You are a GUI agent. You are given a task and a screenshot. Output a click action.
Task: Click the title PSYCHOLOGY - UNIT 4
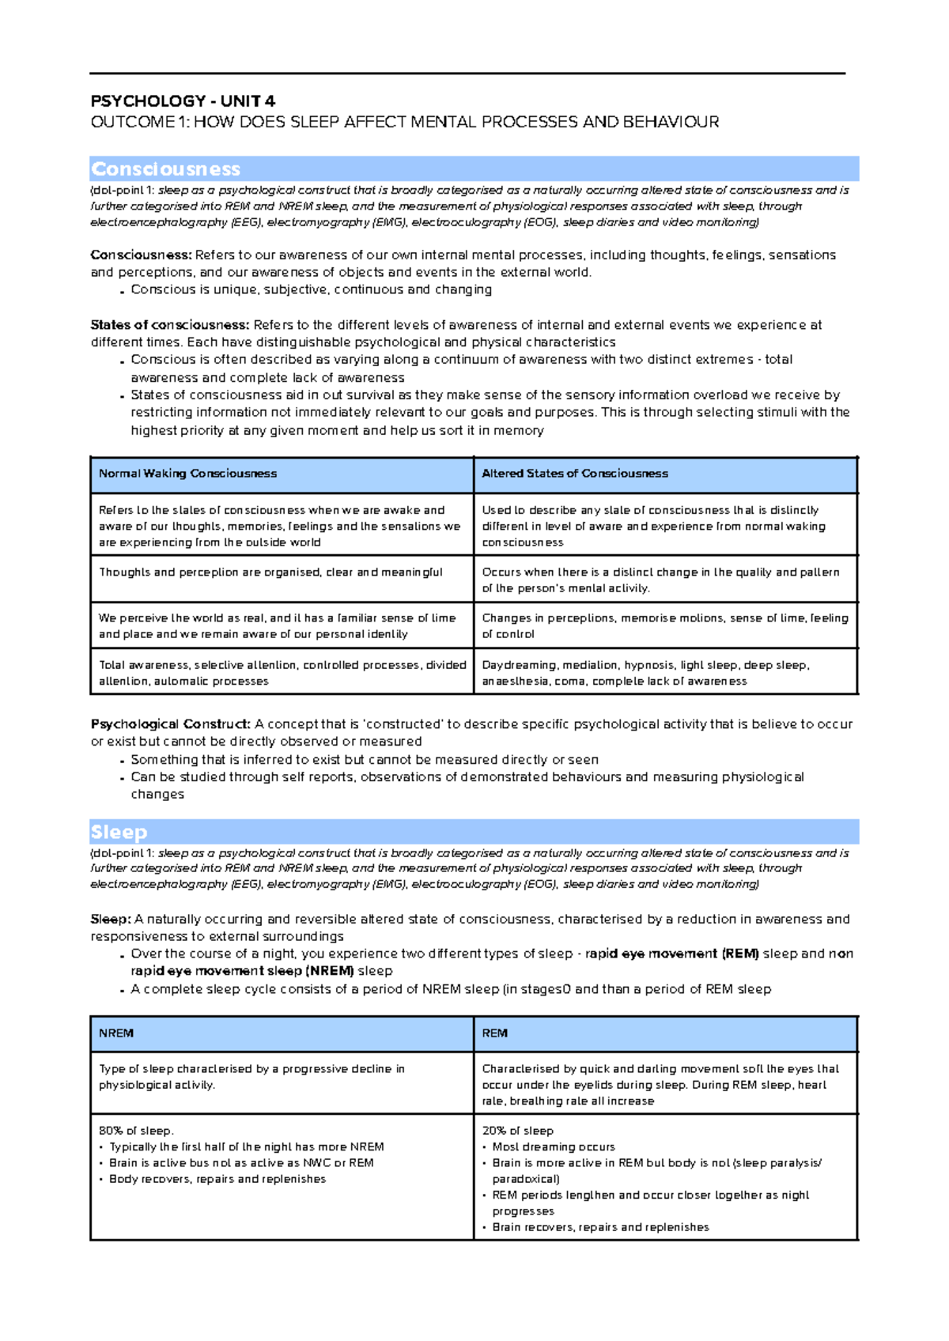coord(183,101)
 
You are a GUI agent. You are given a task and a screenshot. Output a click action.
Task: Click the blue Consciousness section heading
coord(165,169)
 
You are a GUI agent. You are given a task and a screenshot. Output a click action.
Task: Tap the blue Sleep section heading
coord(119,832)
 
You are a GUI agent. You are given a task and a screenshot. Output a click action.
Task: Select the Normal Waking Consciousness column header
coord(187,474)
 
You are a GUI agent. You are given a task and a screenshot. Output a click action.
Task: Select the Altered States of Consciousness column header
coord(575,474)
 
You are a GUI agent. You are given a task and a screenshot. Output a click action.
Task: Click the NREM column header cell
coord(116,1033)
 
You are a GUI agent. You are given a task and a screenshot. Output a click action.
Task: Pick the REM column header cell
coord(495,1033)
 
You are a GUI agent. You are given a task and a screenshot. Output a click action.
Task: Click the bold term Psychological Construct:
coord(170,724)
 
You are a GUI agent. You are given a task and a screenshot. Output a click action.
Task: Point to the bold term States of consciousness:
coord(170,325)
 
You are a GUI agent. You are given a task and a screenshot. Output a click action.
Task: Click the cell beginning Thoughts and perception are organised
coord(270,572)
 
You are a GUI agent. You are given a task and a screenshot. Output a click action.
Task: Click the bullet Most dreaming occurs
coord(553,1146)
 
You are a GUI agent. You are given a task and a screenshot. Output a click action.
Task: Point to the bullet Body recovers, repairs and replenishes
coord(217,1179)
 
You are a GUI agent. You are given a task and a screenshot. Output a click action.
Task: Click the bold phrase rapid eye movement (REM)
coord(671,954)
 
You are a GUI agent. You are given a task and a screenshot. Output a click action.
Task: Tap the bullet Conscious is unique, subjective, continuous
coord(311,289)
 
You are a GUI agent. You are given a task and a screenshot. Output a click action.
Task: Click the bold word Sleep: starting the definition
coord(111,919)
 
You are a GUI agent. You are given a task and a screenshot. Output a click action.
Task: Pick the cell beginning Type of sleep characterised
coord(251,1077)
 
